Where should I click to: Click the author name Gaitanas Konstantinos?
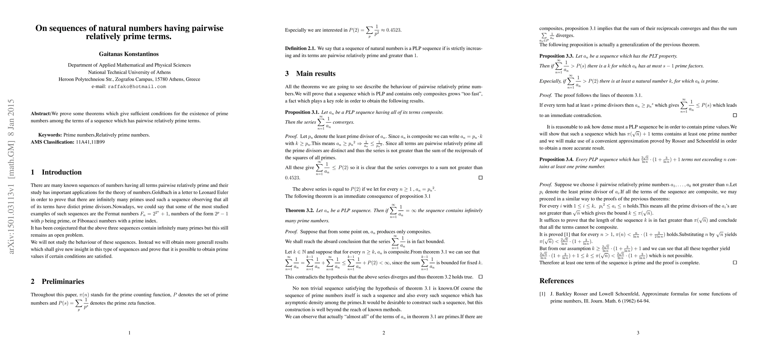tap(129, 54)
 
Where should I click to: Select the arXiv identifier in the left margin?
tap(12, 176)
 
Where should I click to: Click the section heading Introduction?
tap(61, 172)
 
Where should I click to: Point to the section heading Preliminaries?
tap(63, 281)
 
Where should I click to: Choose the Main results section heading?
tap(316, 74)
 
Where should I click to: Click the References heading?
tap(556, 281)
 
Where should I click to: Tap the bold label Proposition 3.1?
tap(302, 112)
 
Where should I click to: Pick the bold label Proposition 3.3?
tap(556, 56)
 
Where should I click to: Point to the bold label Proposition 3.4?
tap(556, 160)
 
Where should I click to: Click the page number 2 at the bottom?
tap(384, 333)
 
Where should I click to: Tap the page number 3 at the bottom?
tap(638, 333)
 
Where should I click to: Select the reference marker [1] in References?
tap(542, 294)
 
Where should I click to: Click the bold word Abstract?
tap(41, 114)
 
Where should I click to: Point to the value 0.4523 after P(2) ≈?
tap(393, 30)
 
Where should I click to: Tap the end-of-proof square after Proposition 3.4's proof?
tap(735, 262)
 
